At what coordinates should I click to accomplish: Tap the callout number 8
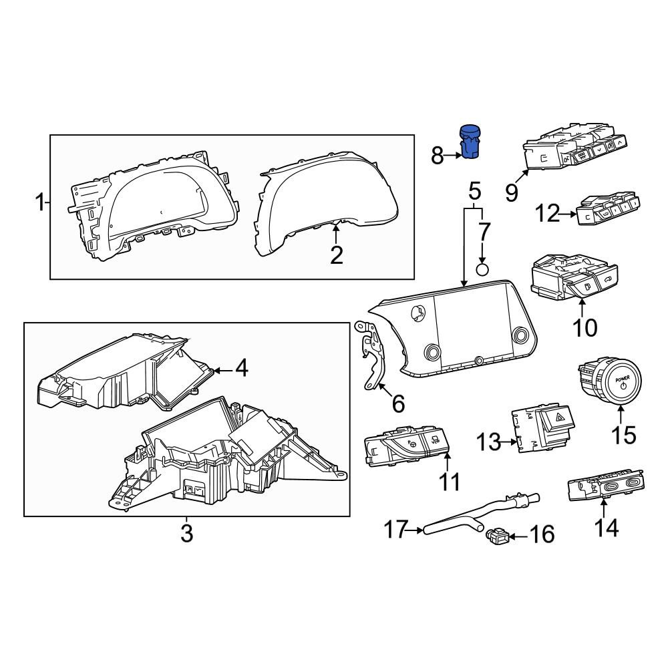438,156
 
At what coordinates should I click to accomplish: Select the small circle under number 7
482,270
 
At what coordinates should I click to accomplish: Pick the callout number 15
624,436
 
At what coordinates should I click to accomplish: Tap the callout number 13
488,442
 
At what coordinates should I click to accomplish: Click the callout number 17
395,530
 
